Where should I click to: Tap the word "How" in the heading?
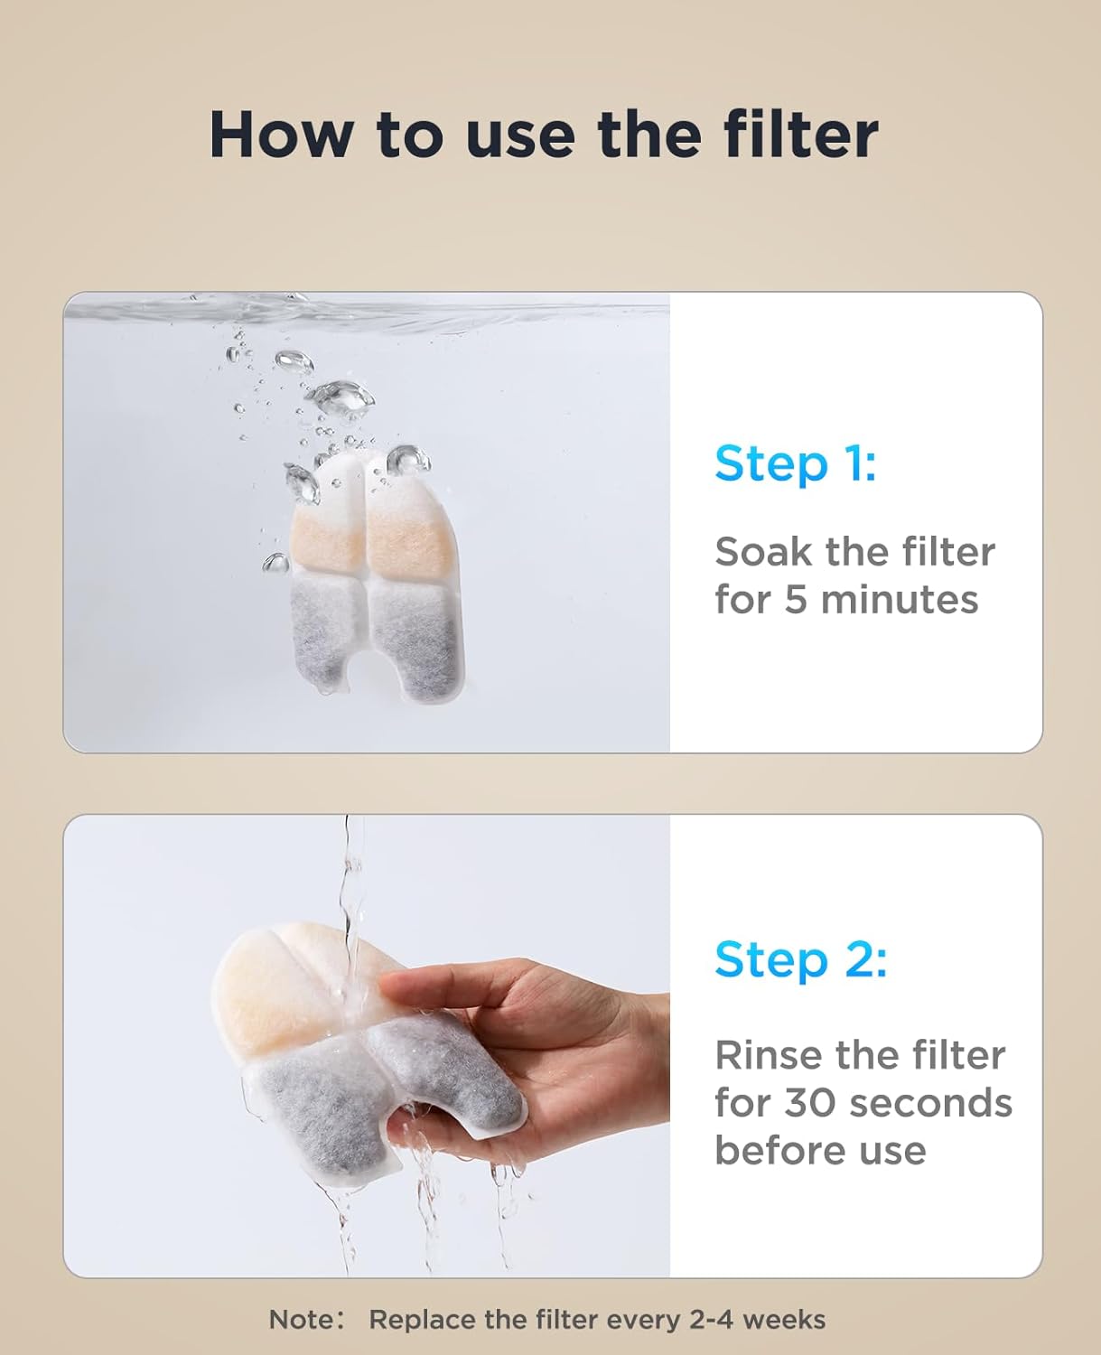[x=280, y=135]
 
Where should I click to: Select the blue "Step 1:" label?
[x=795, y=464]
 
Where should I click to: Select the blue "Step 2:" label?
[x=800, y=959]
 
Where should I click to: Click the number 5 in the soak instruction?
[x=795, y=600]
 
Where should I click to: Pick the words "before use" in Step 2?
[x=820, y=1151]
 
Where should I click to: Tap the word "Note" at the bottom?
[x=301, y=1320]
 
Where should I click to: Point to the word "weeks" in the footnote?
[x=784, y=1320]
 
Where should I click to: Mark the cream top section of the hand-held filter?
[x=271, y=985]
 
